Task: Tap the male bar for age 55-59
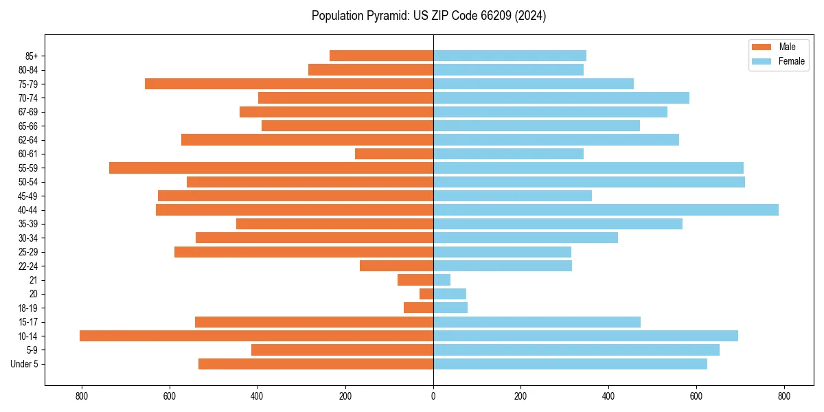(x=271, y=168)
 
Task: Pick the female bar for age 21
(x=442, y=280)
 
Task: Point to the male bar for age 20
(x=426, y=294)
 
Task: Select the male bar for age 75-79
(x=289, y=84)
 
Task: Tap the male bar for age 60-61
(x=394, y=154)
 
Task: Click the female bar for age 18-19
(x=450, y=308)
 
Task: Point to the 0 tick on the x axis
(x=433, y=396)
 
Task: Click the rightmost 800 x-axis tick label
(x=784, y=396)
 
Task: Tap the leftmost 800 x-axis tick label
(x=82, y=396)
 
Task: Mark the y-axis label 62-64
(x=28, y=140)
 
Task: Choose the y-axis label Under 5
(x=25, y=364)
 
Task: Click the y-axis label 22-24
(x=28, y=266)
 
